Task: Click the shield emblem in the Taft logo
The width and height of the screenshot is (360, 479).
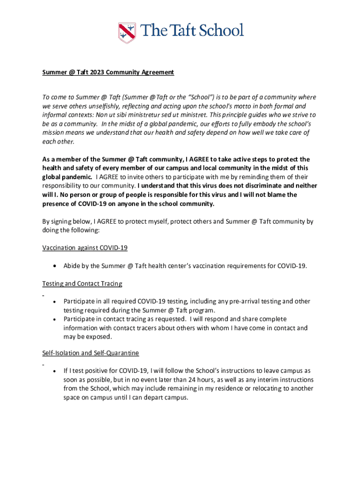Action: pos(126,32)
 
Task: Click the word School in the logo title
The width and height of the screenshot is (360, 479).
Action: pos(221,31)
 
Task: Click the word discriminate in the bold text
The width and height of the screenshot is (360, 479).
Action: pos(260,186)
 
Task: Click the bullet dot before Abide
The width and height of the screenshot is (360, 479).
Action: pos(55,266)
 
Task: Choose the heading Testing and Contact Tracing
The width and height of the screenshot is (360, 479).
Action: pos(82,283)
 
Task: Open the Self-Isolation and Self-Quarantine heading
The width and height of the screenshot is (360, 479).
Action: pos(90,353)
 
